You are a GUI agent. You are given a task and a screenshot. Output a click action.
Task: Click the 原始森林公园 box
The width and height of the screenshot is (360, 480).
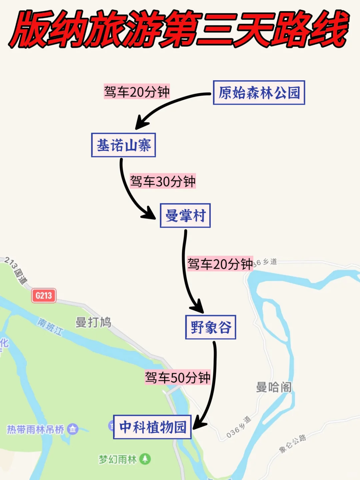(x=259, y=93)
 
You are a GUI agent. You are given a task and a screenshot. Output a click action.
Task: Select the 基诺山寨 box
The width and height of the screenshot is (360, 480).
(x=124, y=145)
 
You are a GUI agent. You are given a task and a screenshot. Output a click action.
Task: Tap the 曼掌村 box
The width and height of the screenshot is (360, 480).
(x=185, y=216)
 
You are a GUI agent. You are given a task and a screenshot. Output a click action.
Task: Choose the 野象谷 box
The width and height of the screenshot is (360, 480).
(x=211, y=327)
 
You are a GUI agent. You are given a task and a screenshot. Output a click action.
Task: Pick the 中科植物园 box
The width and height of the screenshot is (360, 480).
(x=152, y=427)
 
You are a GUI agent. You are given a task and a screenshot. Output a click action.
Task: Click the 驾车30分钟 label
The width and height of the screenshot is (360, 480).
(x=163, y=181)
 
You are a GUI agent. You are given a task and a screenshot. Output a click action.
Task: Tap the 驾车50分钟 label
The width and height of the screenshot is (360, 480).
(x=177, y=378)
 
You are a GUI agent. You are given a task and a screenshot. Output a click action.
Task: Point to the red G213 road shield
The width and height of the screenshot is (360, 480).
(x=44, y=296)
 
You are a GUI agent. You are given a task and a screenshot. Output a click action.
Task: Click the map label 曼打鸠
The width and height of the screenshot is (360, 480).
(x=93, y=322)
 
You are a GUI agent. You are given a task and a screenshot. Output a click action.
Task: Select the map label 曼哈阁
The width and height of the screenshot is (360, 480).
(x=274, y=387)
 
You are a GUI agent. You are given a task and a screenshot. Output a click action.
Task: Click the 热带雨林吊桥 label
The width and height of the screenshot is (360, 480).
(x=36, y=429)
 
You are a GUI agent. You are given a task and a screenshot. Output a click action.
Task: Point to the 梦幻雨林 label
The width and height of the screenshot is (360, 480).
(x=118, y=459)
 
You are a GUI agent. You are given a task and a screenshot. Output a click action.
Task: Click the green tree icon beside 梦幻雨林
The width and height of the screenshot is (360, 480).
(x=145, y=459)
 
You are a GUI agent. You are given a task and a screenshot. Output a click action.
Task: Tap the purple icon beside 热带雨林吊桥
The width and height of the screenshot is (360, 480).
(x=73, y=429)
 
